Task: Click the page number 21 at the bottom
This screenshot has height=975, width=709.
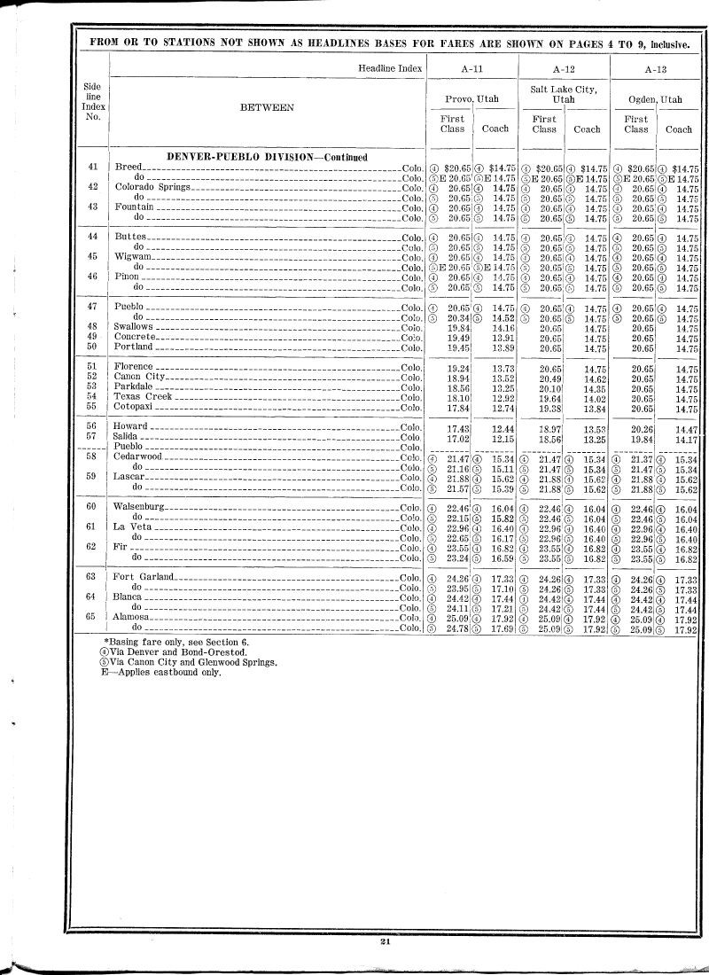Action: click(386, 941)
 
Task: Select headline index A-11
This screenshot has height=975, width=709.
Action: click(471, 67)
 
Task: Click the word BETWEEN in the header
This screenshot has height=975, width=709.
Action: click(267, 107)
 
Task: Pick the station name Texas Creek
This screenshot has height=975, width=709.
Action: click(144, 397)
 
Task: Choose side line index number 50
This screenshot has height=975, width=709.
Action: click(91, 347)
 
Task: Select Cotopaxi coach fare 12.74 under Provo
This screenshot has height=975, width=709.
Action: click(501, 408)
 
